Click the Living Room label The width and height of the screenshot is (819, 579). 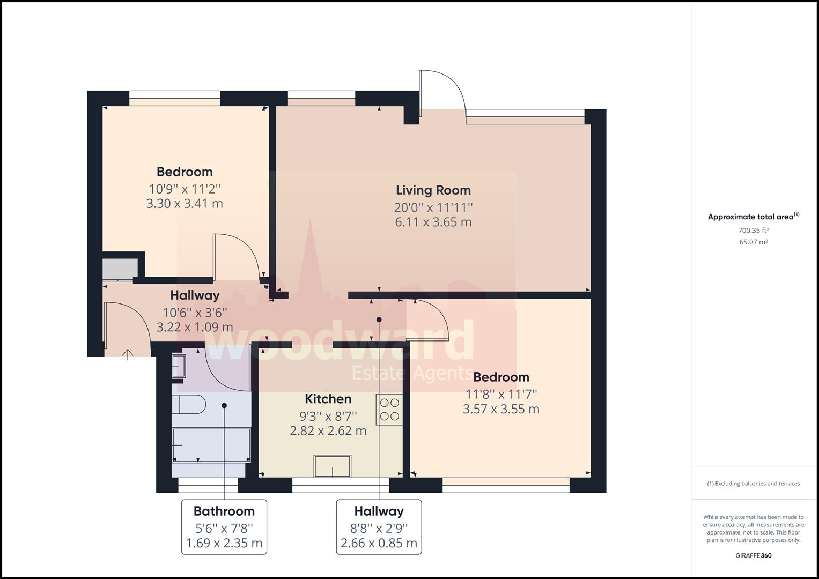click(x=433, y=190)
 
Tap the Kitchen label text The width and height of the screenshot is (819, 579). click(x=328, y=399)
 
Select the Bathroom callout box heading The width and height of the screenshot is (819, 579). click(x=224, y=511)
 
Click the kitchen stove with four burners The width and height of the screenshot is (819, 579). click(x=389, y=410)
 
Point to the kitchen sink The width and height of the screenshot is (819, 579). click(x=333, y=466)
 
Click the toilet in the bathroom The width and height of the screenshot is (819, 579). click(x=189, y=404)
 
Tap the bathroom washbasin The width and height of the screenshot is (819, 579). click(x=179, y=366)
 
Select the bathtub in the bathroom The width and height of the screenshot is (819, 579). click(x=211, y=445)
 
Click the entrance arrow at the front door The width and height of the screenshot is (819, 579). click(x=127, y=354)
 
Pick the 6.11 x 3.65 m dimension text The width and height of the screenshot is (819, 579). click(x=433, y=222)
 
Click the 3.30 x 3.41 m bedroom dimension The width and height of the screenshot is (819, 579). click(x=185, y=203)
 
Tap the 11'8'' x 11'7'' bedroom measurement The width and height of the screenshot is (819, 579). click(x=501, y=395)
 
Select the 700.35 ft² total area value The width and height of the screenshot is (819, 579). click(x=753, y=231)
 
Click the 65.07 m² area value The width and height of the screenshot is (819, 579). click(x=753, y=242)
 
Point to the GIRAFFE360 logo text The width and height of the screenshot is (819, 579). click(x=754, y=555)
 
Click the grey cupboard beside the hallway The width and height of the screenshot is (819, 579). click(x=120, y=269)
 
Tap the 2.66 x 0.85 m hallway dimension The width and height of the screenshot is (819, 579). click(x=379, y=543)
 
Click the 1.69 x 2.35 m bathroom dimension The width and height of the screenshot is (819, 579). click(x=224, y=543)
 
